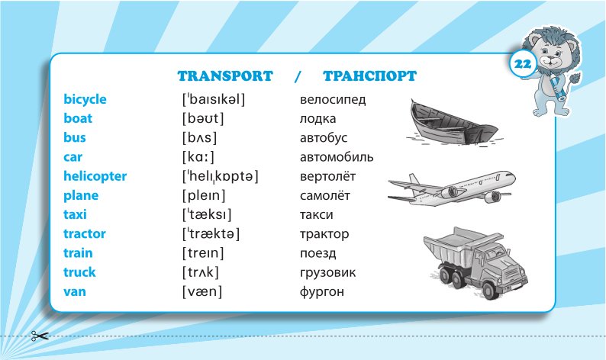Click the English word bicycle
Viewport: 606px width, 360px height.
pos(85,99)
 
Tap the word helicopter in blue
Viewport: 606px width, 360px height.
pos(95,176)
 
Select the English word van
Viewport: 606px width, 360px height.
pos(75,291)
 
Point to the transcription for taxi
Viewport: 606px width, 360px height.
pos(207,214)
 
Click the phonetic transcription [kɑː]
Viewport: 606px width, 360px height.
pos(198,157)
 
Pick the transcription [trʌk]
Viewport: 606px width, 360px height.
pos(201,272)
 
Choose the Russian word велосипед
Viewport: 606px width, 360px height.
pos(333,100)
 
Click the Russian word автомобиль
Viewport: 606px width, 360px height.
pos(337,157)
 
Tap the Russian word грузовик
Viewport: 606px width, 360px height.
pos(327,273)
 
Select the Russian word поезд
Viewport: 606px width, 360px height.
pos(318,253)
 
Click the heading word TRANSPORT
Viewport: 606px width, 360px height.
pos(225,76)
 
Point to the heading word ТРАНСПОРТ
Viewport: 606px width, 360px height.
pos(370,76)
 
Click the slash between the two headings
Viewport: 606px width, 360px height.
pos(297,76)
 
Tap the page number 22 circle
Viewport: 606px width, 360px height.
pos(523,64)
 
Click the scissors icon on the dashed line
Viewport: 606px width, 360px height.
pos(40,336)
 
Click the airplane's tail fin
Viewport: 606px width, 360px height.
pos(414,180)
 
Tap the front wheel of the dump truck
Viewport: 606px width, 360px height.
pos(489,288)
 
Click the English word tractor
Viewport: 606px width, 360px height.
pos(85,233)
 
